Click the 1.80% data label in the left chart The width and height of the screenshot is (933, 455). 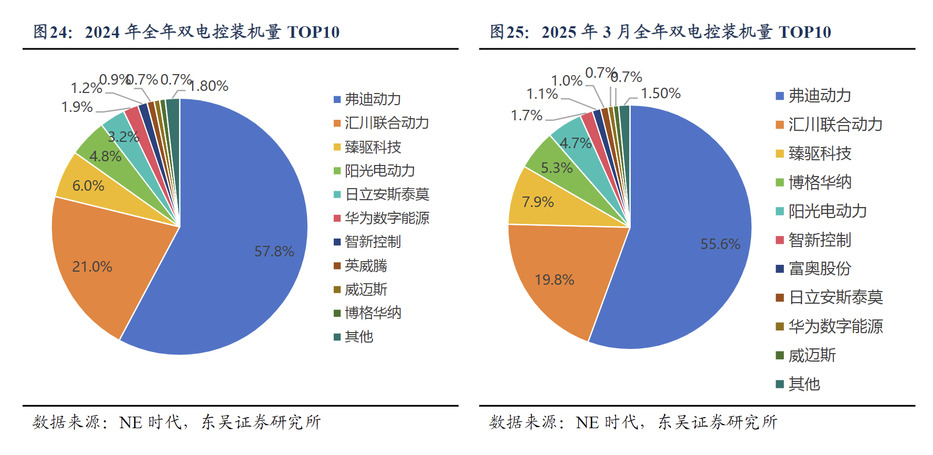(209, 86)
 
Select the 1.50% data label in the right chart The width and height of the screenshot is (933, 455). (661, 94)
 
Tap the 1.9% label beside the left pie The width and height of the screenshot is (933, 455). (77, 107)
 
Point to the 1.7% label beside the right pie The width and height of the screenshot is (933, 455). (527, 116)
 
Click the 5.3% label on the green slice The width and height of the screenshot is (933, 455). (557, 168)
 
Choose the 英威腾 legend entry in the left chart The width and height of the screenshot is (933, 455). (366, 266)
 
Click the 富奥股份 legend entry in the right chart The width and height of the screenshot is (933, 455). (820, 269)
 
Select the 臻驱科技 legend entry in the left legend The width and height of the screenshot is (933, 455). (373, 147)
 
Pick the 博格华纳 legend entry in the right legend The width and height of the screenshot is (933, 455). (820, 182)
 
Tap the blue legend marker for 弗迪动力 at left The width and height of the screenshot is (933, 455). (337, 99)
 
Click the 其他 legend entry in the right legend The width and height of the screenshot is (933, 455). (804, 384)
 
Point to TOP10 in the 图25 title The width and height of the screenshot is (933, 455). (805, 32)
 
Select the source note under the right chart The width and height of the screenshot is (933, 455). (633, 422)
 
